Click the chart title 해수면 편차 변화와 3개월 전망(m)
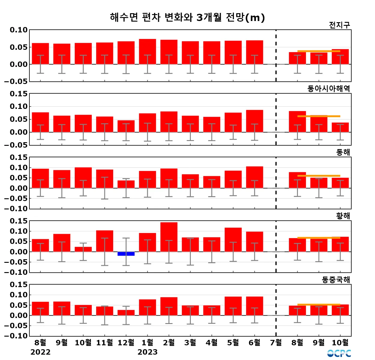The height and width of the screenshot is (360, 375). (x=187, y=17)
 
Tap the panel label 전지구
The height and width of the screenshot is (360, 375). (x=339, y=25)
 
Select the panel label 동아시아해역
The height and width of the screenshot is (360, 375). (x=328, y=88)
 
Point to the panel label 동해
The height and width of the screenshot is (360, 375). (x=343, y=152)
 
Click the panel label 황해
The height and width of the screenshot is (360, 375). (x=343, y=216)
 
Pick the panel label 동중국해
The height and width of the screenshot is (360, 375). (x=336, y=280)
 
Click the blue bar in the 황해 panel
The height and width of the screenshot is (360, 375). (x=126, y=254)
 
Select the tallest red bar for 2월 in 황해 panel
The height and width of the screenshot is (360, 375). (x=169, y=237)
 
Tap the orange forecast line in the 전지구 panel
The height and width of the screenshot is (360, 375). (x=319, y=51)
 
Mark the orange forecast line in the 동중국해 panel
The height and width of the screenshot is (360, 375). (x=319, y=305)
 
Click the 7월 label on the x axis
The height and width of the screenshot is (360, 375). (x=276, y=342)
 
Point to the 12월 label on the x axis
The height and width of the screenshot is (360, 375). (x=126, y=342)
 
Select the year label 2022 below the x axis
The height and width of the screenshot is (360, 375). (x=40, y=352)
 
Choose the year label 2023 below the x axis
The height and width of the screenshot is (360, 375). (x=147, y=352)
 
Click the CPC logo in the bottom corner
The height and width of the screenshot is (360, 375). (x=339, y=353)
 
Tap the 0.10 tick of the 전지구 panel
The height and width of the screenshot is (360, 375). (x=19, y=30)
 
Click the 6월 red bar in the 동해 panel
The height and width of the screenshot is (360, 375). (x=254, y=177)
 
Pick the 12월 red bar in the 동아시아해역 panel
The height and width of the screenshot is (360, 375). (x=126, y=126)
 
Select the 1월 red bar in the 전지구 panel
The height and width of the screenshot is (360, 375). (x=147, y=52)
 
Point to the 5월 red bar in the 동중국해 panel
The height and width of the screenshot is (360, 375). (x=233, y=306)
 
